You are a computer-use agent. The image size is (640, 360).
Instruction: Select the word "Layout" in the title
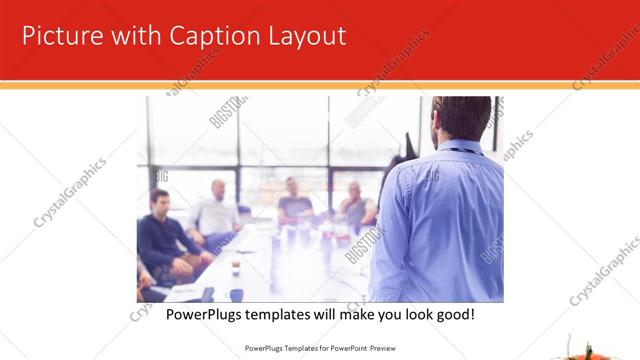[306, 37]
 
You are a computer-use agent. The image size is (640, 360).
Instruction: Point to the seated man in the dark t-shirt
[295, 200]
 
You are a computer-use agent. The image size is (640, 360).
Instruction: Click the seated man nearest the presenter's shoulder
[354, 204]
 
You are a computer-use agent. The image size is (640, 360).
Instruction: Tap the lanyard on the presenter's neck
[459, 151]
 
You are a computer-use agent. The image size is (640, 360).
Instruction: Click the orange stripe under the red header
[320, 86]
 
